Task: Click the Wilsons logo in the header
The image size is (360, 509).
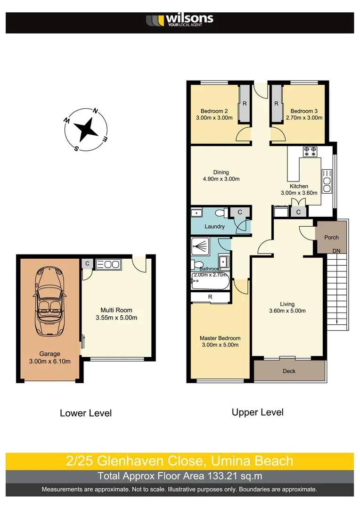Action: (x=180, y=20)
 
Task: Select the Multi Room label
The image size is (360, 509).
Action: (x=116, y=310)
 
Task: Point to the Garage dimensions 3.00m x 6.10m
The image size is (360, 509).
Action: (x=49, y=361)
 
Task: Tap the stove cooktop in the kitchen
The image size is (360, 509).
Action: (x=310, y=151)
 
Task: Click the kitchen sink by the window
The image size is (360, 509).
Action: (x=327, y=181)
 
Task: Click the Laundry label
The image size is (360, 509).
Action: (x=214, y=227)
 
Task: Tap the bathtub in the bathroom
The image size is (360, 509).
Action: (x=210, y=283)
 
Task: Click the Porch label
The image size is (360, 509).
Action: (x=331, y=237)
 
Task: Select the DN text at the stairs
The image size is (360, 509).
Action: (x=336, y=251)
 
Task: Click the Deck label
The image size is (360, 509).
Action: (x=289, y=371)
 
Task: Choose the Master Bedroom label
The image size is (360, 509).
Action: (x=220, y=338)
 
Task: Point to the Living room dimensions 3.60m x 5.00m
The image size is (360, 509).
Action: (x=287, y=311)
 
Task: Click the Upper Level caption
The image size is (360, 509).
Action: (x=257, y=412)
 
